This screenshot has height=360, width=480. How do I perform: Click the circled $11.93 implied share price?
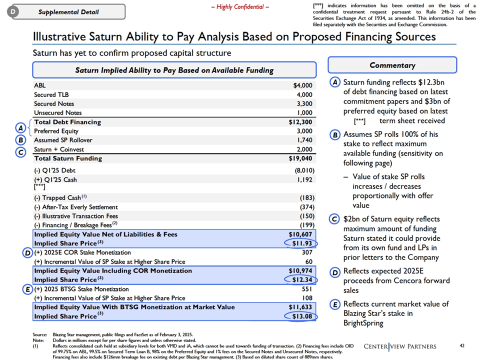[x=301, y=243]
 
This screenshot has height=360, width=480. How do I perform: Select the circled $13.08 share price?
[x=301, y=316]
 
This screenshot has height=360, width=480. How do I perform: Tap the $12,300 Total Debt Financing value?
[x=300, y=122]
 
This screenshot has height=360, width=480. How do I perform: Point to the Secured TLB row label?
[x=51, y=94]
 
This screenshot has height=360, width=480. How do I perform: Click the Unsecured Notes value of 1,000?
[x=305, y=112]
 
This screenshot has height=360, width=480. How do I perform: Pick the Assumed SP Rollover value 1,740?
[x=305, y=140]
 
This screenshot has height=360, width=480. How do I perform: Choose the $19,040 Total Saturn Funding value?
[x=300, y=158]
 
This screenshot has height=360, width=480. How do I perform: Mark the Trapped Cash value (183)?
[x=307, y=198]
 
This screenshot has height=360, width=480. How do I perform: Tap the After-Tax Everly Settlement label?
[x=76, y=207]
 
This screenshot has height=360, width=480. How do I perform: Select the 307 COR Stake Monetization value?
[x=307, y=252]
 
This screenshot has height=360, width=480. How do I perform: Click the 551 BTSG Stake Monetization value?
[x=307, y=289]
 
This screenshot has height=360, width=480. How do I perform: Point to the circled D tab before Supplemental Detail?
[x=13, y=11]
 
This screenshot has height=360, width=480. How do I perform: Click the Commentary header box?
[x=392, y=65]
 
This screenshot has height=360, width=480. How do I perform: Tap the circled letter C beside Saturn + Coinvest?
[x=20, y=152]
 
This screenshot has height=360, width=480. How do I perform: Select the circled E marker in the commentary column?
[x=335, y=304]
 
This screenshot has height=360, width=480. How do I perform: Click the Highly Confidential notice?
[x=240, y=6]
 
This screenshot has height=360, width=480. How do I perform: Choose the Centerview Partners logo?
[x=400, y=346]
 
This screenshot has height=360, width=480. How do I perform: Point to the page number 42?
[x=462, y=345]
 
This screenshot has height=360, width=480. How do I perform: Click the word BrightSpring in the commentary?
[x=363, y=323]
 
